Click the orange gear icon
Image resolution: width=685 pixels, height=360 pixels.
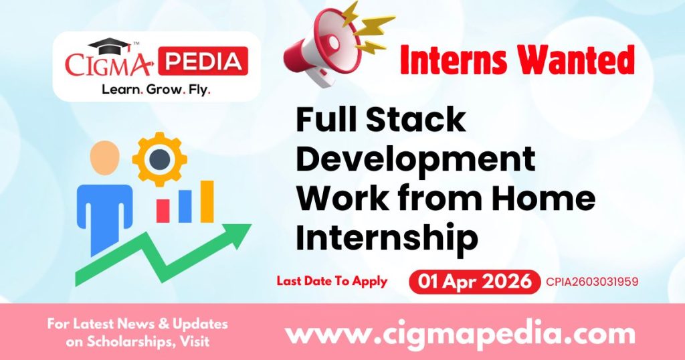[160, 159]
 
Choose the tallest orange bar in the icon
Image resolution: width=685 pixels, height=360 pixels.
[207, 201]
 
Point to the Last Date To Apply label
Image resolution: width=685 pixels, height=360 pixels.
[332, 281]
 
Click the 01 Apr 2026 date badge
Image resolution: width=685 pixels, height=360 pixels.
[474, 282]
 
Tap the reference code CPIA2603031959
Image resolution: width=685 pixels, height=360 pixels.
[592, 282]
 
